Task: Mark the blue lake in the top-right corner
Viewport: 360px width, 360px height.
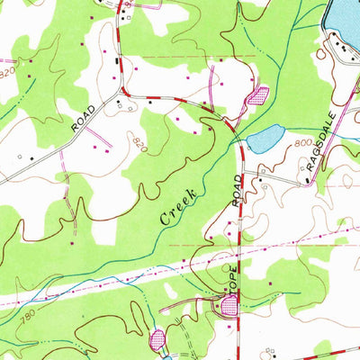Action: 346,22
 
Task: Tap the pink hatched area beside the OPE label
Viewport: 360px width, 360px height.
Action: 229,308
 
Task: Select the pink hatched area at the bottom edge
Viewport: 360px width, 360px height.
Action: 157,340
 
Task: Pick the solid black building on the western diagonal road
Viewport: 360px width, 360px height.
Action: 33,159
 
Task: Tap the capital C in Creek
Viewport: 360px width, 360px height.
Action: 166,218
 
